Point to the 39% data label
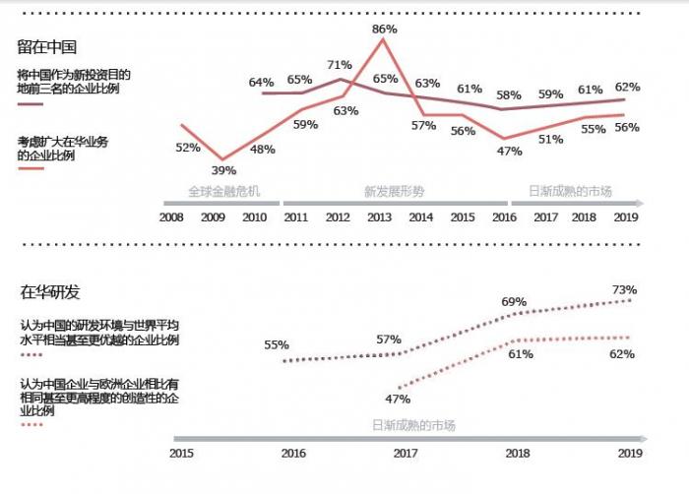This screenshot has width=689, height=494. tap(223, 171)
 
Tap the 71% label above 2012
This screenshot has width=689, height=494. tap(340, 65)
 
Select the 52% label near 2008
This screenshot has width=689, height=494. tap(188, 148)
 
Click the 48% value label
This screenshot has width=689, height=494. tap(262, 150)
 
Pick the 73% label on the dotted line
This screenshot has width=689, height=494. tap(624, 290)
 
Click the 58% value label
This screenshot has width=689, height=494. tap(509, 95)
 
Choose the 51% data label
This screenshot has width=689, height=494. tap(550, 140)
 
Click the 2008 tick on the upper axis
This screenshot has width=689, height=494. tap(172, 216)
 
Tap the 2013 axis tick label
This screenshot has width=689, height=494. tap(379, 216)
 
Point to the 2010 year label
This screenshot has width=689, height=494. tap(255, 216)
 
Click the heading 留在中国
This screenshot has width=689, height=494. tap(47, 46)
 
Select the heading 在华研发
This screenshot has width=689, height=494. tap(50, 291)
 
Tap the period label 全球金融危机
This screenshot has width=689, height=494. tap(223, 191)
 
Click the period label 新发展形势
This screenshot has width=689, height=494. tap(394, 191)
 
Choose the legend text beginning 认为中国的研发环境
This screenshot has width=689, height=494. tap(98, 332)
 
